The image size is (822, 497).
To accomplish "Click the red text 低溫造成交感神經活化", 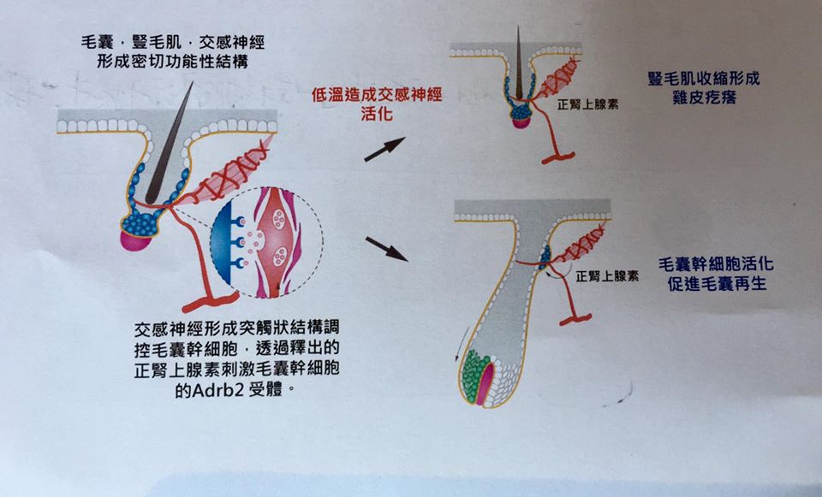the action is click(377, 104).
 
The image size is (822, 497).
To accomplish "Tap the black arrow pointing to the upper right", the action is click(384, 149).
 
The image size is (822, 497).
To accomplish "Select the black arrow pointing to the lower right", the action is click(386, 249).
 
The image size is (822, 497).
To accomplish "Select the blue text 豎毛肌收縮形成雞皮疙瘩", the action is click(704, 87).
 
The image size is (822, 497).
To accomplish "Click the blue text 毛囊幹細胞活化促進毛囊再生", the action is click(716, 274).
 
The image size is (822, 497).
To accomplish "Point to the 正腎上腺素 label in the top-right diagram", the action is click(587, 104).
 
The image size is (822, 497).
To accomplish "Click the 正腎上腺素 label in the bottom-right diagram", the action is click(607, 276).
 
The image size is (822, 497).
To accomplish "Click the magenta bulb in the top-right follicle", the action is click(521, 123).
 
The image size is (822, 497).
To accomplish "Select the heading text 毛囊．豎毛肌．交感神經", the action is click(173, 41).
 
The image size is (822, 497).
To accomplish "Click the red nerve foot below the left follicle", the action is click(211, 302).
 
